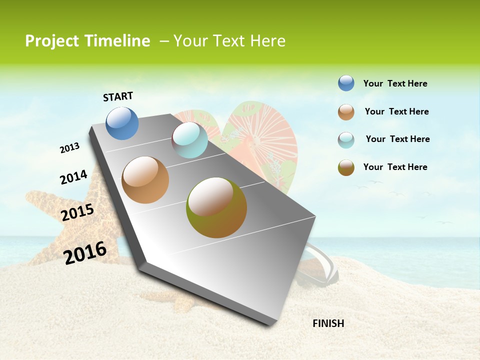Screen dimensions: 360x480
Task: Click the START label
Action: point(118,96)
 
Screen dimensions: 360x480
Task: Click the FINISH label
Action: point(328,323)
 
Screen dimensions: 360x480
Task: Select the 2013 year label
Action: point(69,148)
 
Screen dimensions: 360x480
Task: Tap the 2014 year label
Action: point(73,177)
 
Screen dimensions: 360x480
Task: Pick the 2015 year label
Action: point(77,212)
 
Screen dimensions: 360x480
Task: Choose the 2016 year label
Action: point(85,252)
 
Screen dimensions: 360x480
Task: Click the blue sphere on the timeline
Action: point(122,123)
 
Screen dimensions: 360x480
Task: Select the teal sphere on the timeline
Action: point(189,140)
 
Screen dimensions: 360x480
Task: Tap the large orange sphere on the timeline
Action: point(145,180)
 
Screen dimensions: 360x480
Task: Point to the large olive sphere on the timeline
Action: point(216,207)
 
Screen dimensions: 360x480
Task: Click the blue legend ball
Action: point(346,83)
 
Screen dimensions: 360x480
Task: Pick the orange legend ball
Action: point(346,112)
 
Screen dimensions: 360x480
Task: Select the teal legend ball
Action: point(346,140)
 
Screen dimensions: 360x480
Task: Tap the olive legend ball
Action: point(346,167)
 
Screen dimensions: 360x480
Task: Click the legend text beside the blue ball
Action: point(395,84)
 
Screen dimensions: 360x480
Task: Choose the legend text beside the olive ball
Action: point(395,167)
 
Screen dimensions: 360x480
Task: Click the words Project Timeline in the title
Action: point(87,41)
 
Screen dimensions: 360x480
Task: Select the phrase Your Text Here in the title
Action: point(229,41)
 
